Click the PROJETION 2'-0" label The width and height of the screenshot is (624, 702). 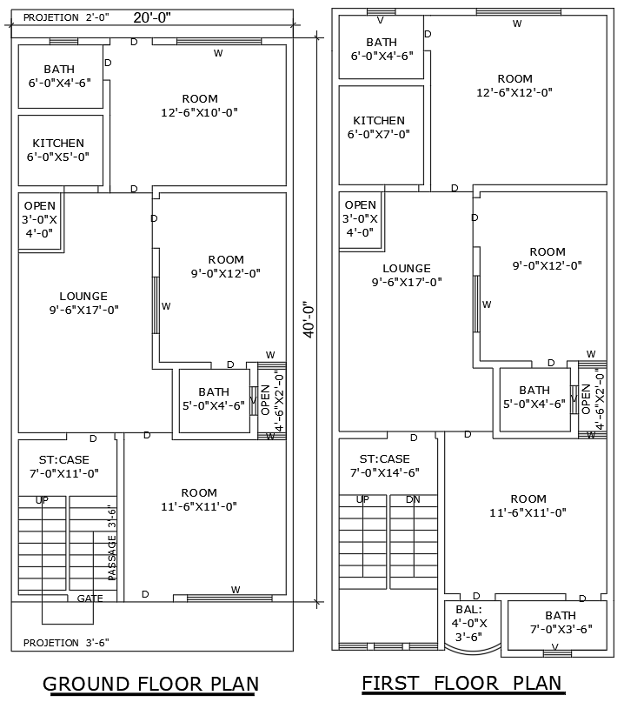click(63, 17)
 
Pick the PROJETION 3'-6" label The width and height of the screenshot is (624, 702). click(66, 643)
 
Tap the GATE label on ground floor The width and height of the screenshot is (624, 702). click(90, 598)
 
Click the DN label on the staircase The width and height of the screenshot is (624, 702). click(413, 499)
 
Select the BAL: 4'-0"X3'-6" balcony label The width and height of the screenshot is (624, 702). click(472, 623)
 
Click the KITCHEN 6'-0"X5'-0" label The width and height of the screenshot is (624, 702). click(58, 150)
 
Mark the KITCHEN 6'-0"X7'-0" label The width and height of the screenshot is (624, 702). click(379, 127)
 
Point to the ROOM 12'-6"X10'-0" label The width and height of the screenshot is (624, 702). click(200, 105)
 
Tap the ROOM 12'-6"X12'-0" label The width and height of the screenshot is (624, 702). click(514, 85)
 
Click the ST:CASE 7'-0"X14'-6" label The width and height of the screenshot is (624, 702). click(384, 466)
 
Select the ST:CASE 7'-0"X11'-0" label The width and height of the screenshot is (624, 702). click(64, 466)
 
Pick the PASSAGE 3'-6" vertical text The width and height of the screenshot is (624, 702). click(111, 543)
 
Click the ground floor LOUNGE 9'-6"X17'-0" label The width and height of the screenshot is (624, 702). click(83, 303)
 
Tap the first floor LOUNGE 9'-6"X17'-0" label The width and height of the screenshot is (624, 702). click(407, 275)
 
